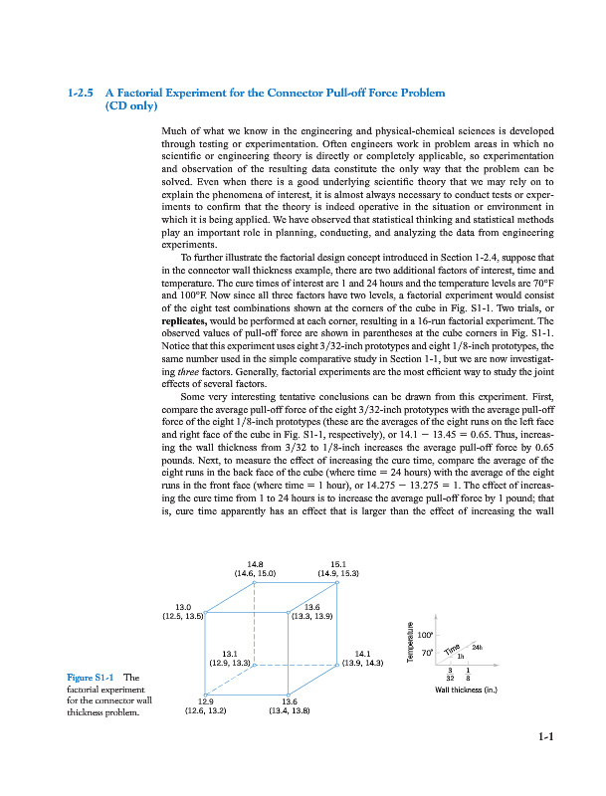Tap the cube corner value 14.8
point(254,562)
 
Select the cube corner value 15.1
point(337,562)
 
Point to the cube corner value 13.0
point(183,606)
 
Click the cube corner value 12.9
point(205,701)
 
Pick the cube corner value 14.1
point(363,653)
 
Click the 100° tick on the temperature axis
point(425,633)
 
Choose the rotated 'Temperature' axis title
point(410,642)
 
